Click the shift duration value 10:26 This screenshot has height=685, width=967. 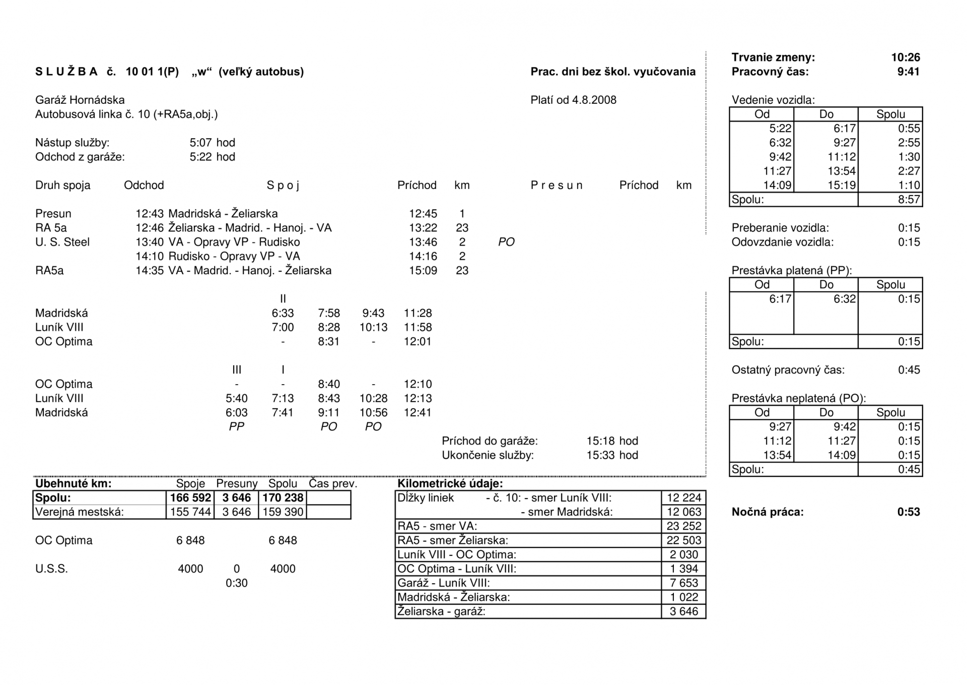(905, 57)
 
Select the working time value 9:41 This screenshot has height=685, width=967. (908, 72)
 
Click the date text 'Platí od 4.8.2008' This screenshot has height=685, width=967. (573, 100)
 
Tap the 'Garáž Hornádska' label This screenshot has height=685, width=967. (80, 100)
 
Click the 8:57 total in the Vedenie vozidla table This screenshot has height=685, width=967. (909, 200)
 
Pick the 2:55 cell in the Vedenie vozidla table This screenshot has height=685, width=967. (909, 143)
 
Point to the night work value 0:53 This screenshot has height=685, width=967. (908, 512)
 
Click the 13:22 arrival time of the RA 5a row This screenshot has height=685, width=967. (423, 228)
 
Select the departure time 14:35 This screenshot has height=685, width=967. (150, 271)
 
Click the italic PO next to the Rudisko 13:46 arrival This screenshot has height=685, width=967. (506, 242)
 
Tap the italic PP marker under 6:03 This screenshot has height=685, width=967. (236, 427)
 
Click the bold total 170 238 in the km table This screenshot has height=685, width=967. (283, 498)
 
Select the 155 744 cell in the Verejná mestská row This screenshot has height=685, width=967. (190, 512)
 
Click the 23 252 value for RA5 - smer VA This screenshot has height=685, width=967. (683, 526)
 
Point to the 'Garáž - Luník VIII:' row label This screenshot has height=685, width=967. (443, 583)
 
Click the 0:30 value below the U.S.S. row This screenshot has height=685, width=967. (236, 583)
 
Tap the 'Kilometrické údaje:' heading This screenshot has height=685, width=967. (450, 484)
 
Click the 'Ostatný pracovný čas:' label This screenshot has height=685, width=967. (788, 370)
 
